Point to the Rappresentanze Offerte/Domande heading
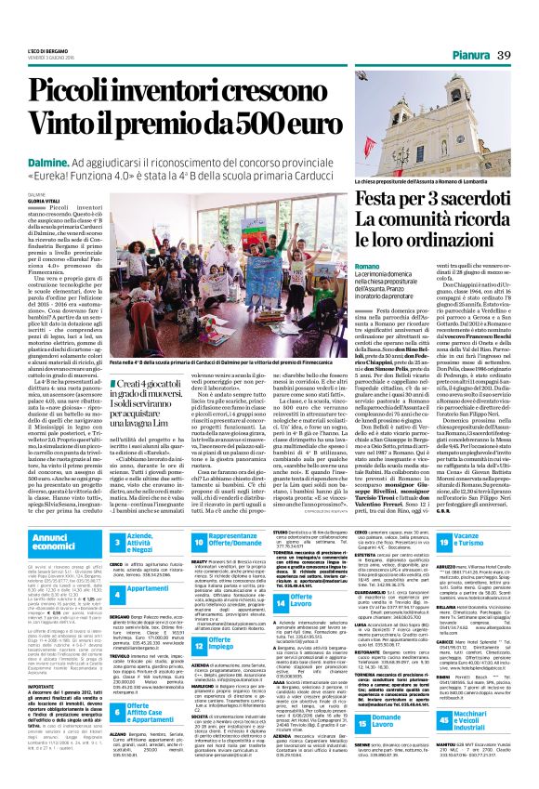(x=245, y=538)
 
